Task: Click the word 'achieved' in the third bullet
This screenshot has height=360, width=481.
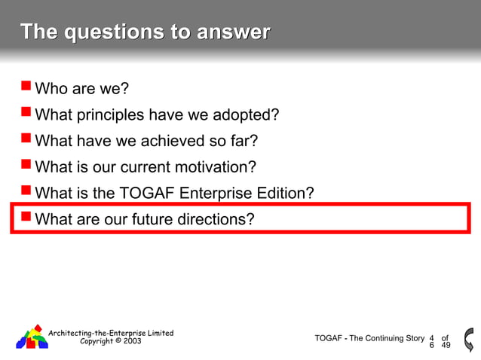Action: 164,141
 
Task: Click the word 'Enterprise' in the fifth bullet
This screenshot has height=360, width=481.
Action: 218,193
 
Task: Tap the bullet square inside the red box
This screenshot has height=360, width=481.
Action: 26,217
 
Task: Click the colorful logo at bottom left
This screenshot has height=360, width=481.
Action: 32,337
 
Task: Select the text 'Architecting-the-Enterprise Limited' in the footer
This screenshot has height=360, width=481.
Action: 111,333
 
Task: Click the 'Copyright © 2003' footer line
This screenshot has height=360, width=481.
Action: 110,341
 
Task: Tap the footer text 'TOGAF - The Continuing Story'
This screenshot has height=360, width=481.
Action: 369,338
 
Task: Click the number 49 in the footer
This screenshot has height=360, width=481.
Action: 446,346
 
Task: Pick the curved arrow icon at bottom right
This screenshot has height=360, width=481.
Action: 469,339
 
